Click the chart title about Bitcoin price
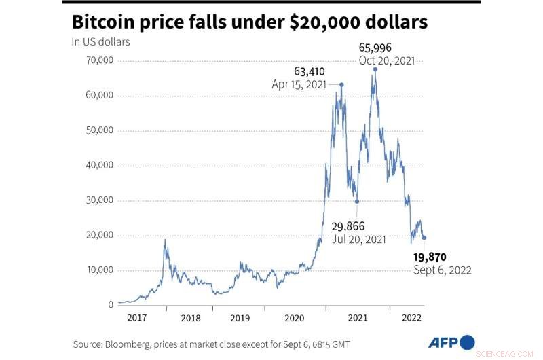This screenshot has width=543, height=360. coord(250,22)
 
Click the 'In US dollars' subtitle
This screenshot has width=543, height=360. coord(101,42)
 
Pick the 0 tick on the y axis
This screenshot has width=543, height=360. coord(110,305)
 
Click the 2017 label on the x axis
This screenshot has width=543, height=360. coord(138,317)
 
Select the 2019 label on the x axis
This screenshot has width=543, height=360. coord(241,317)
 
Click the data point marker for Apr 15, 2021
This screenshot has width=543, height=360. coord(341,85)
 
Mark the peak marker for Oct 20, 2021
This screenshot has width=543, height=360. coord(375,69)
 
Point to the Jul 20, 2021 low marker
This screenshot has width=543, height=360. coord(357,201)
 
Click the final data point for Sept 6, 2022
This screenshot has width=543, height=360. coord(424,238)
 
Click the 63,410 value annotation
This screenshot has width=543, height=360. coord(310,70)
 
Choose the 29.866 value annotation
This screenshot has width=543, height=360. coord(349,226)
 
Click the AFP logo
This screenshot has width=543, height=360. coord(450,342)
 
